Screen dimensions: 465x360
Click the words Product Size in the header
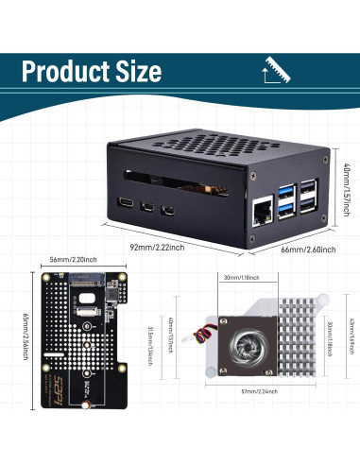91,72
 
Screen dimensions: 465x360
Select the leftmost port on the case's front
127,201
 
